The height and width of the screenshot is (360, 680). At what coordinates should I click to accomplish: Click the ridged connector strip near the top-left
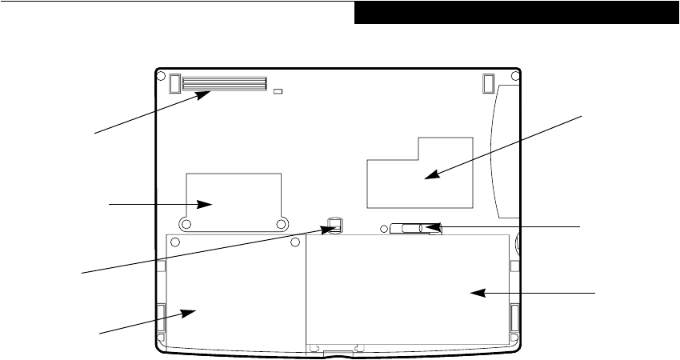(225, 83)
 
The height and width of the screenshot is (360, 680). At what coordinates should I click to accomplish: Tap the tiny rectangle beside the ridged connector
(278, 92)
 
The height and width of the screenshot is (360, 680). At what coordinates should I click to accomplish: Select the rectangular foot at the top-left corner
(174, 82)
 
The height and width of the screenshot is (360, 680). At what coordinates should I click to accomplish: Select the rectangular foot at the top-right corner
(488, 82)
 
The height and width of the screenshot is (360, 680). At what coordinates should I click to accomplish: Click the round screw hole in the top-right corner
(516, 77)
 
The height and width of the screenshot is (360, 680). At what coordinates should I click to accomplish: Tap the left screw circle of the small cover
(186, 224)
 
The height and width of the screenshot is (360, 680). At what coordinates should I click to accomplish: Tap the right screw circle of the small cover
(281, 224)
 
